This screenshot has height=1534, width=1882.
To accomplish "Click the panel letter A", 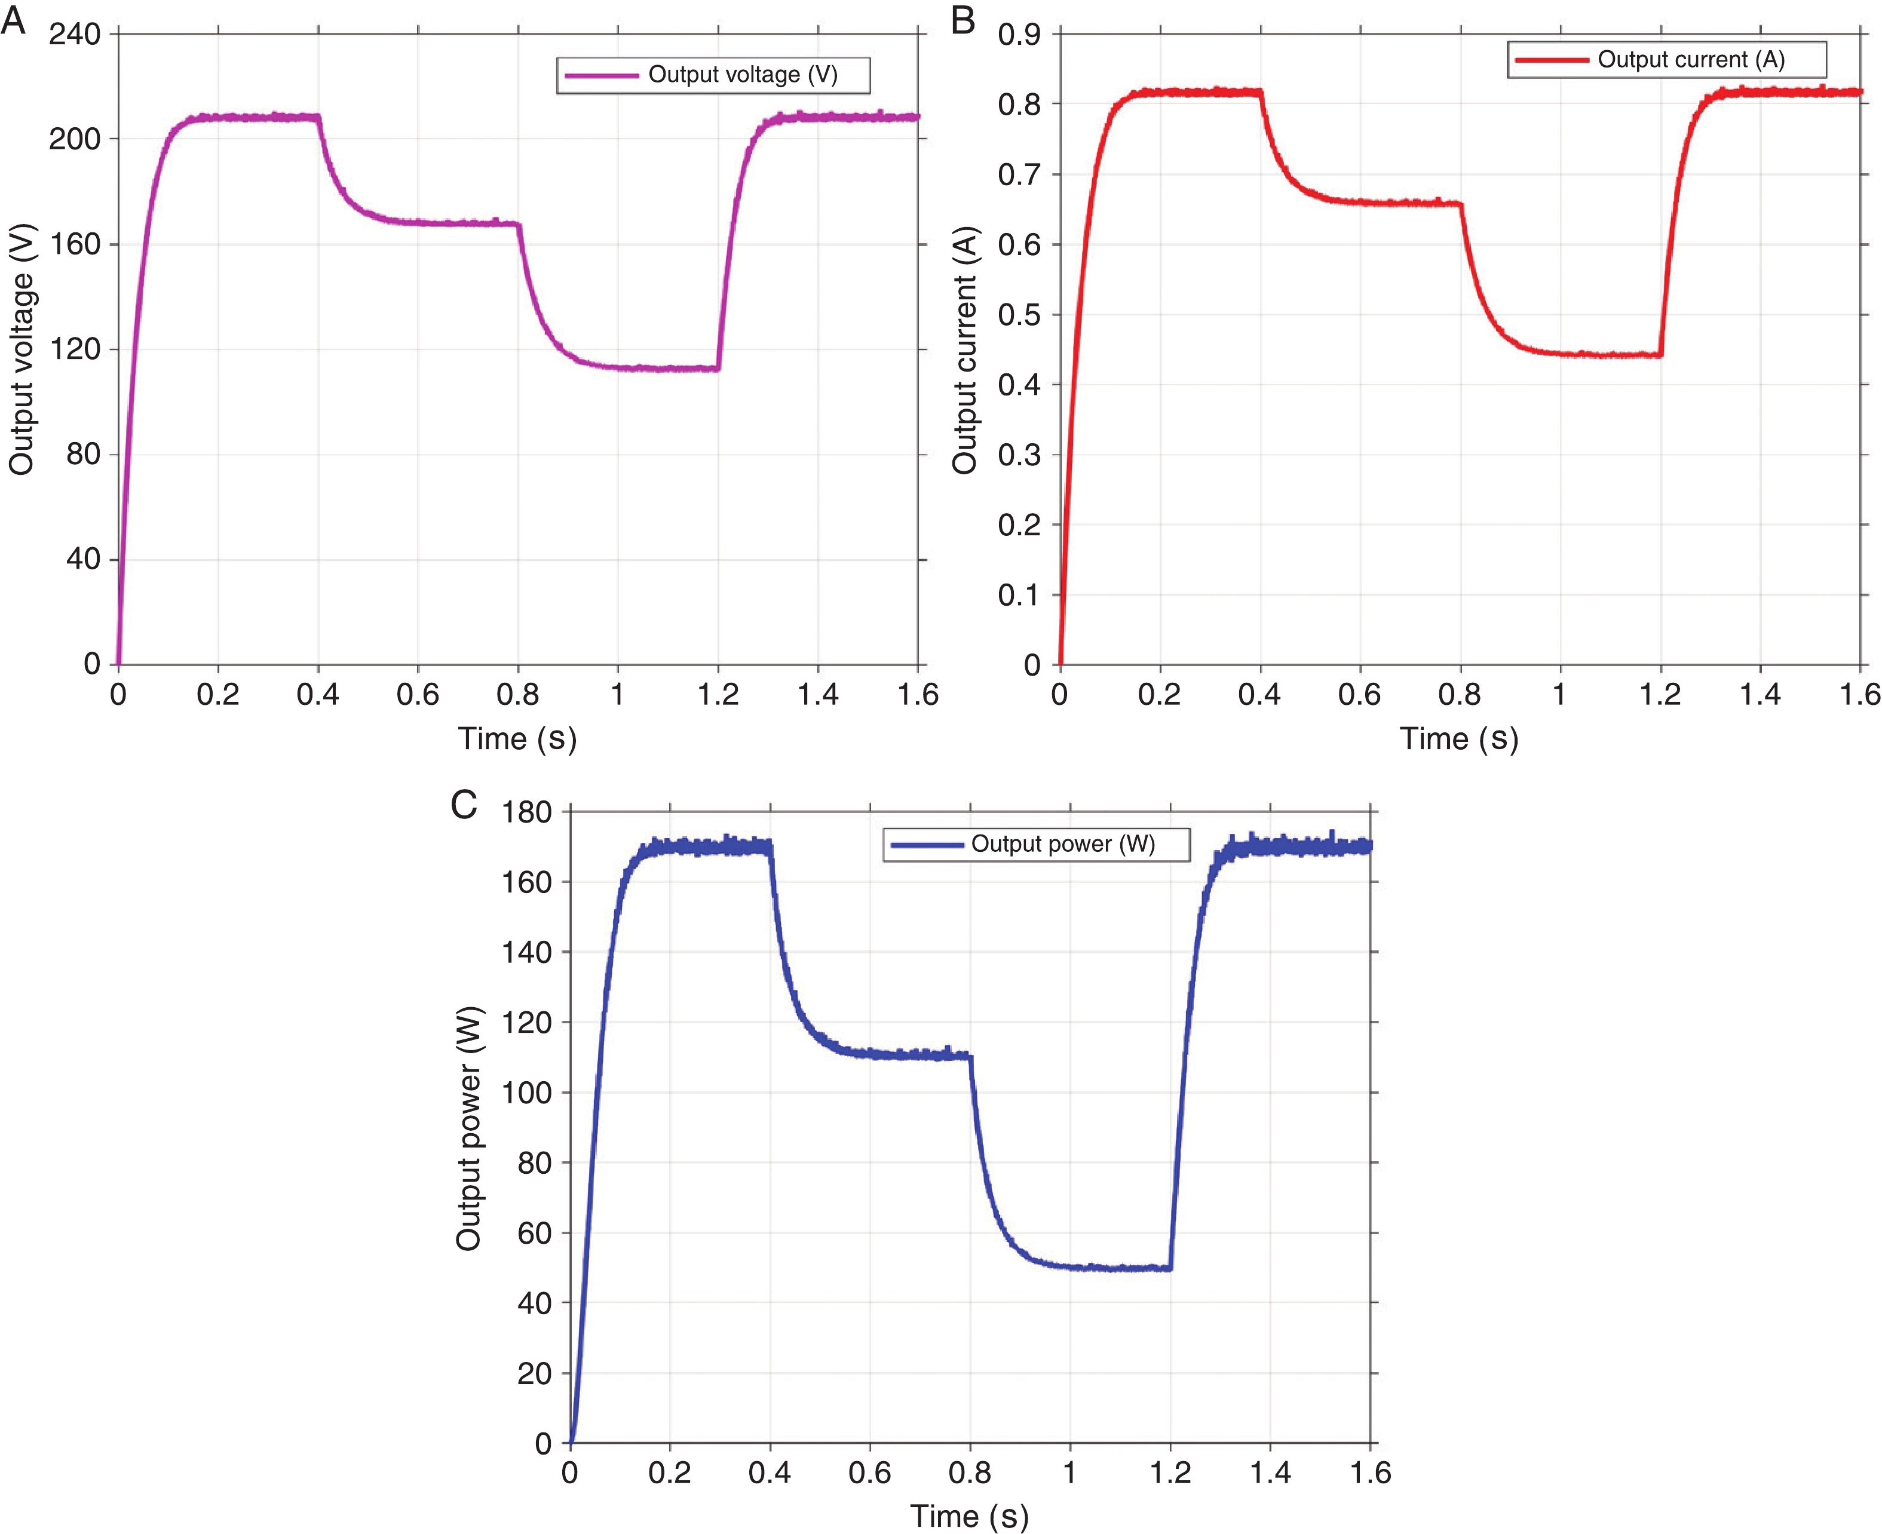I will (13, 20).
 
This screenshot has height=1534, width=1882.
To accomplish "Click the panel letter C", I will (464, 804).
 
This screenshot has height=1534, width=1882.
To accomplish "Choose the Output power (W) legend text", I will (1062, 844).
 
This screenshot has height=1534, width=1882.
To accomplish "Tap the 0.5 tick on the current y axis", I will (1019, 315).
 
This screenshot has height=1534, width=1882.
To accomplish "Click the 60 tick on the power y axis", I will (535, 1233).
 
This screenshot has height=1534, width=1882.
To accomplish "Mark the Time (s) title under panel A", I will (517, 738).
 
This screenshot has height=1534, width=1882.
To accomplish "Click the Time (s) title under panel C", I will (969, 1516).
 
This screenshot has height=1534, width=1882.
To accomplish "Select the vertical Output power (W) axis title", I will (468, 1128).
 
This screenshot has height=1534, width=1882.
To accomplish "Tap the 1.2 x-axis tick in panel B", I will (1660, 695).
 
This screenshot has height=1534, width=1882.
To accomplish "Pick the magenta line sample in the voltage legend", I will (602, 75).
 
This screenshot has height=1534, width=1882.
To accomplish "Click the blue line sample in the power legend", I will (926, 845).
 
